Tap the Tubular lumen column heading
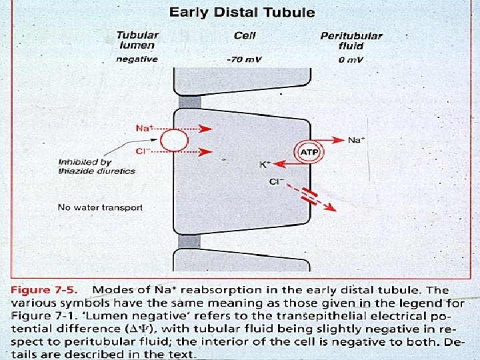(x=138, y=40)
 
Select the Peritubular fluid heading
(x=351, y=41)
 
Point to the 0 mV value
(x=351, y=59)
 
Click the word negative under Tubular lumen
(x=137, y=59)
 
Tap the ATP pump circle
(x=309, y=152)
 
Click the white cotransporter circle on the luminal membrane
(x=176, y=141)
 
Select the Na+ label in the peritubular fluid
(x=356, y=140)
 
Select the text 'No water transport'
(x=100, y=207)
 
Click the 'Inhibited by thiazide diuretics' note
(x=97, y=167)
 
